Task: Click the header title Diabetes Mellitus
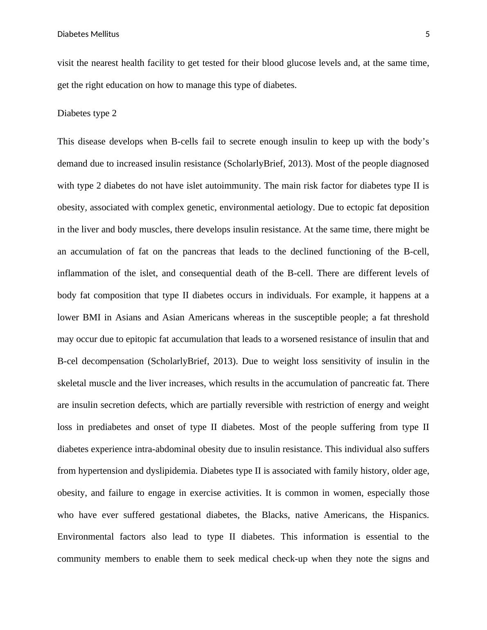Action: tap(88, 34)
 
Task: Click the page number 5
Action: tap(428, 34)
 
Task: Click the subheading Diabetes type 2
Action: tap(87, 113)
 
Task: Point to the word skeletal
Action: tap(72, 383)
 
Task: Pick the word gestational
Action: tap(183, 515)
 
